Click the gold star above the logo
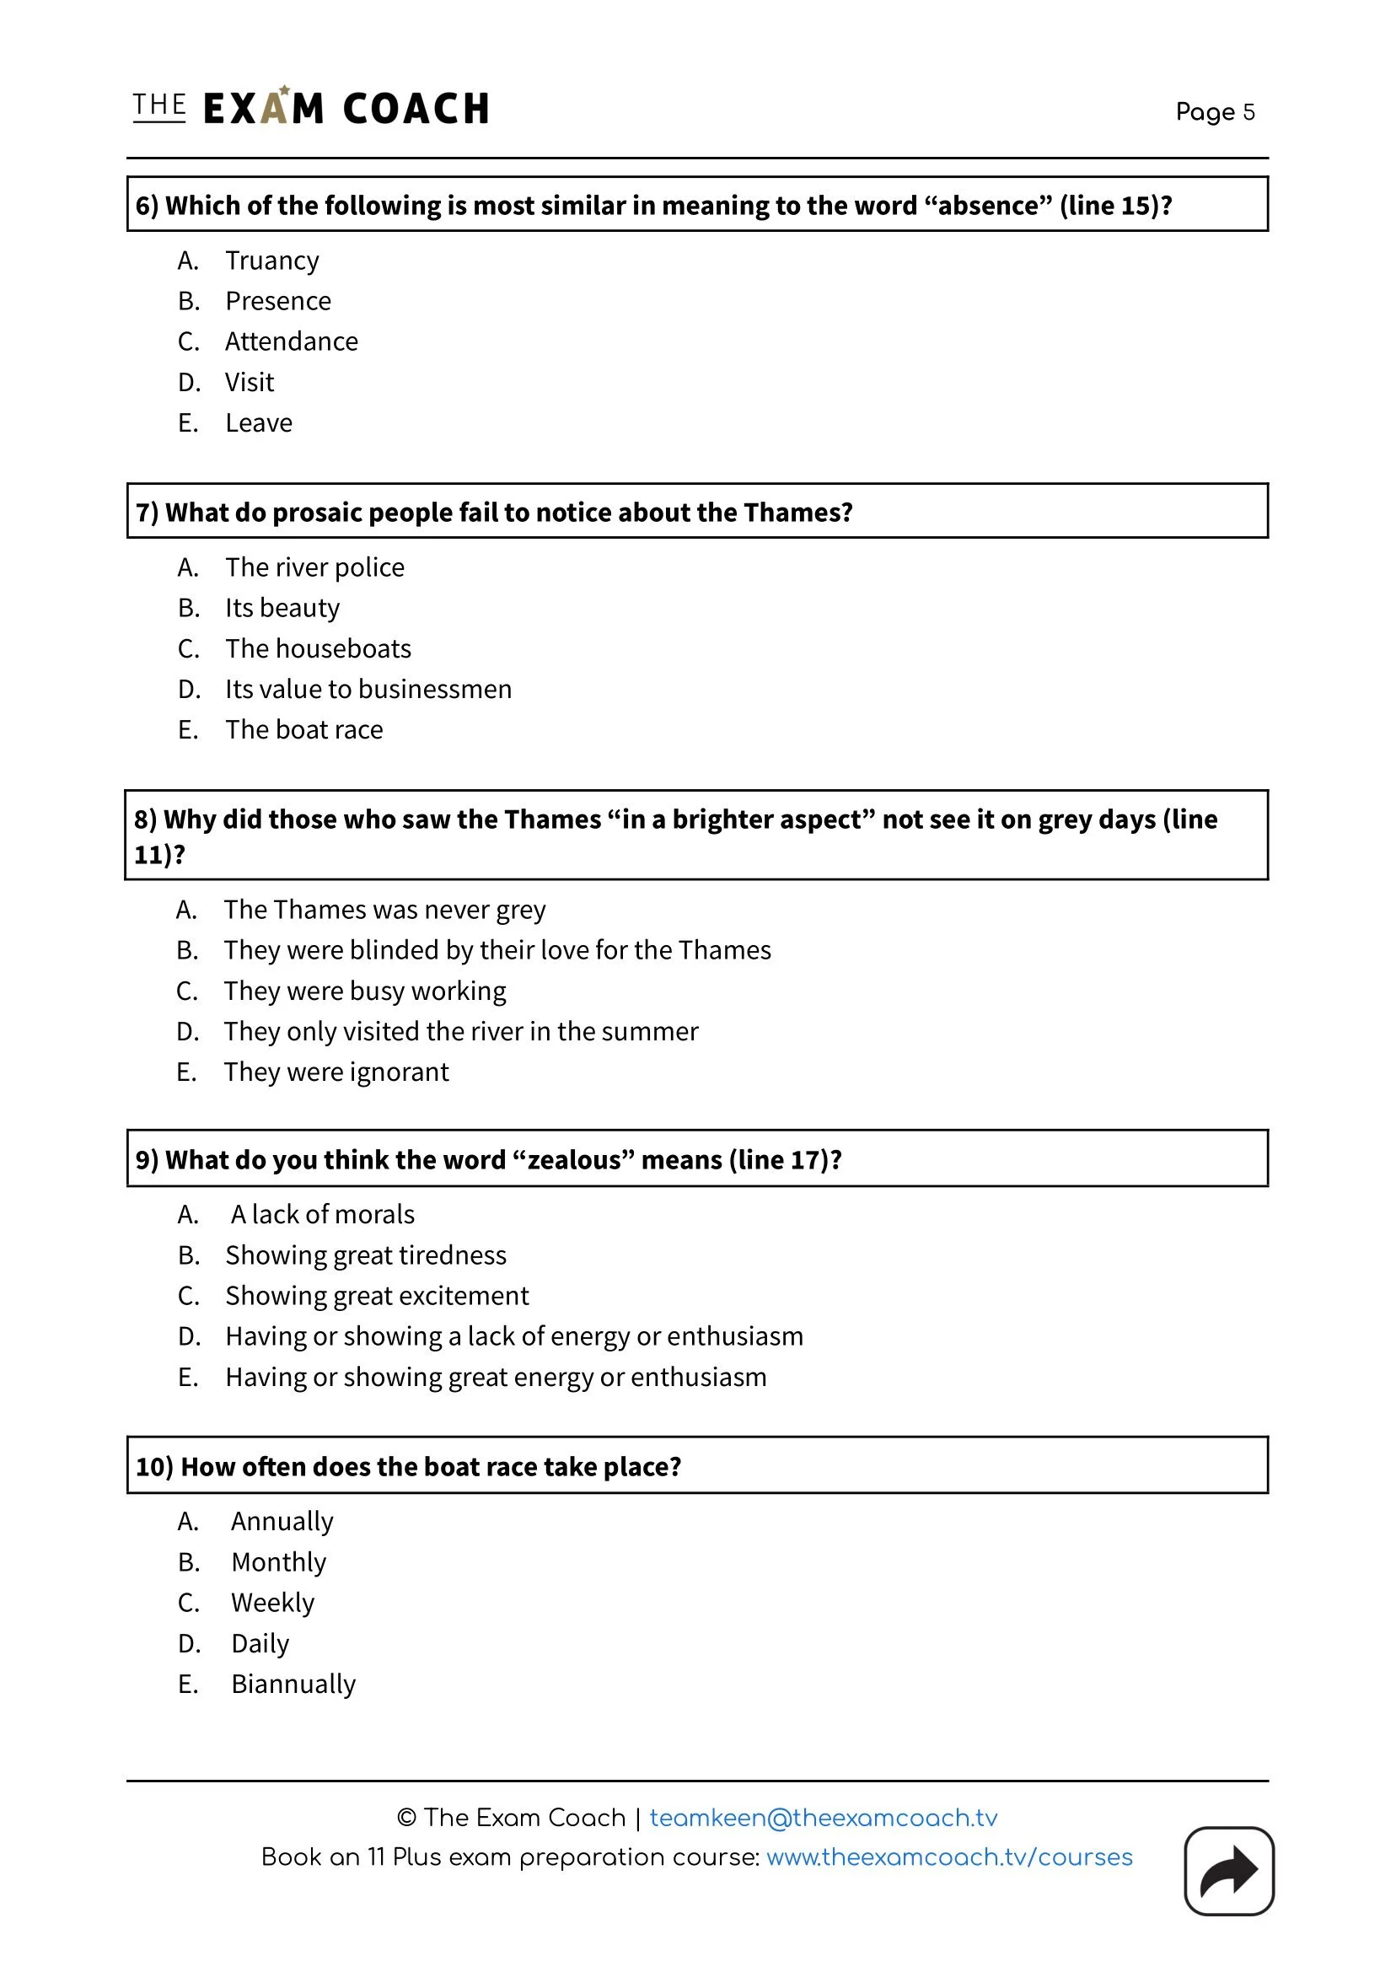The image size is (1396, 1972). pyautogui.click(x=285, y=89)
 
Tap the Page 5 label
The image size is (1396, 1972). pyautogui.click(x=1215, y=112)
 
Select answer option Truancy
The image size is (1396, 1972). pyautogui.click(x=271, y=261)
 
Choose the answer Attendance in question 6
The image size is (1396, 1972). pyautogui.click(x=291, y=341)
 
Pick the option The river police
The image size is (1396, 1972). pyautogui.click(x=314, y=567)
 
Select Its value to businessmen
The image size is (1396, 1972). pyautogui.click(x=368, y=689)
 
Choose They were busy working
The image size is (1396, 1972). pyautogui.click(x=364, y=991)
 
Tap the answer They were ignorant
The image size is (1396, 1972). pyautogui.click(x=336, y=1072)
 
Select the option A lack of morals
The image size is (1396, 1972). pyautogui.click(x=322, y=1214)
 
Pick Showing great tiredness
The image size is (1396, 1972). pyautogui.click(x=365, y=1255)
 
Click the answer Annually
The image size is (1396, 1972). pyautogui.click(x=282, y=1521)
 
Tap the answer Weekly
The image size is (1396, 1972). pyautogui.click(x=272, y=1603)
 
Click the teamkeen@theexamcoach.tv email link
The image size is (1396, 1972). pyautogui.click(x=823, y=1817)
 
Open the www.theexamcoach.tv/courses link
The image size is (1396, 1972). pyautogui.click(x=949, y=1856)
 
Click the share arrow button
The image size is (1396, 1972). pyautogui.click(x=1228, y=1871)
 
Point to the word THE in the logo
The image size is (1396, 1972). pyautogui.click(x=159, y=105)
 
